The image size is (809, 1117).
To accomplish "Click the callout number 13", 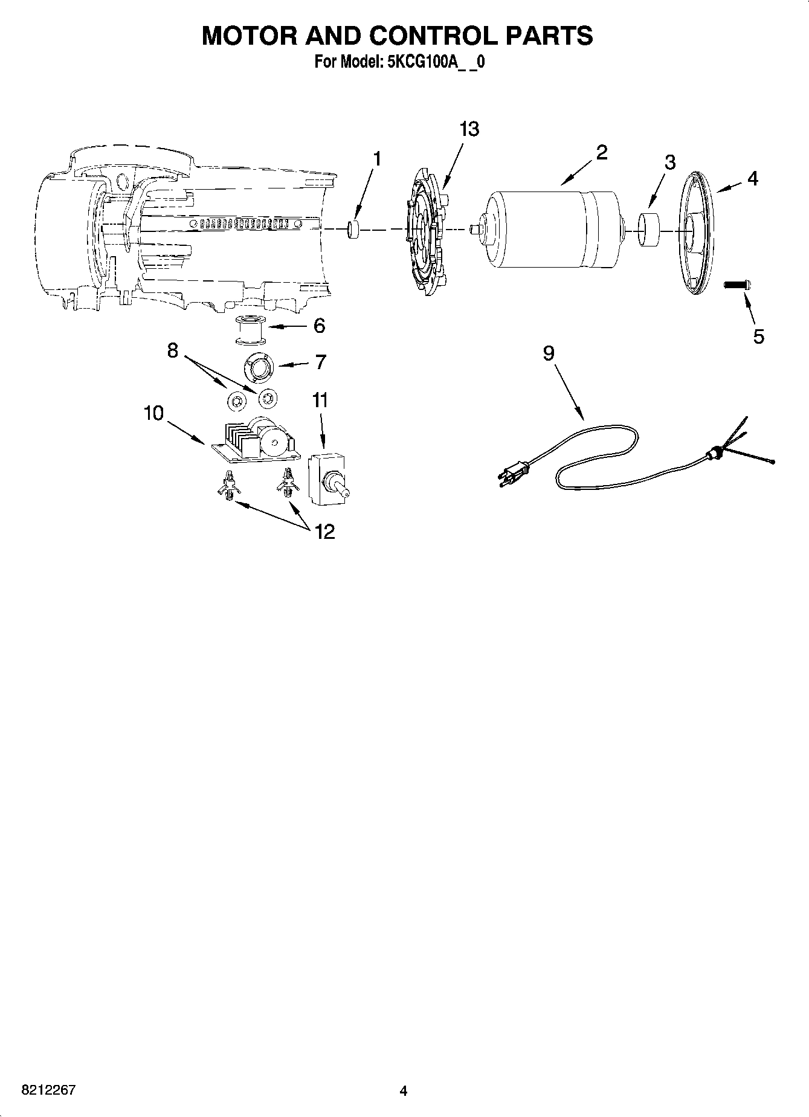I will tap(469, 129).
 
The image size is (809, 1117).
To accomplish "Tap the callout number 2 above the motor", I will tap(601, 152).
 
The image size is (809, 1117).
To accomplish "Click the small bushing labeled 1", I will tap(353, 230).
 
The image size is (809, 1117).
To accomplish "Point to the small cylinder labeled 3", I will tap(648, 229).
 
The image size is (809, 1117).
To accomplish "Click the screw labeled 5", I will tap(737, 284).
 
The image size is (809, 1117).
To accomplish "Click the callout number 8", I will tap(173, 350).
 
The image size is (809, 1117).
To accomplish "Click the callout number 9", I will tap(548, 353).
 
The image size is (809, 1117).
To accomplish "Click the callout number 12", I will tap(324, 532).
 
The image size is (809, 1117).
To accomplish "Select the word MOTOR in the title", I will tap(248, 36).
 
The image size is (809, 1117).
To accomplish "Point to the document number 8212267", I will tap(49, 1090).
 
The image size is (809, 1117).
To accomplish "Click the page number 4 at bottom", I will tap(404, 1090).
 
